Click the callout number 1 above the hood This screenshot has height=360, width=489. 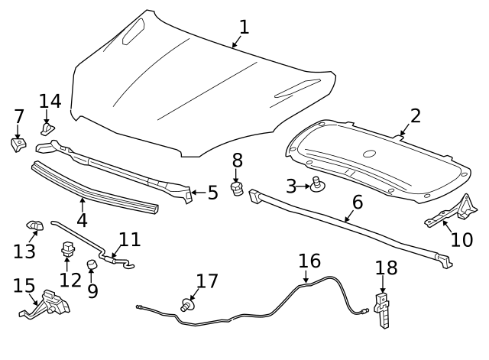point(244,27)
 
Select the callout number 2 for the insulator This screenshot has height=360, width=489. point(415,115)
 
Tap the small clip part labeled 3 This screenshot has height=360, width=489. point(316,183)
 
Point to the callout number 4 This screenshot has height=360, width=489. point(82,219)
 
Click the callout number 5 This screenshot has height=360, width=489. point(212,193)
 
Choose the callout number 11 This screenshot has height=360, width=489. point(130,239)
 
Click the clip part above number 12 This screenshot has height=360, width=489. point(67,248)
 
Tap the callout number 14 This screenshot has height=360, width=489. point(50,101)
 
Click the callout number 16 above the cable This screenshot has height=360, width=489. point(309,260)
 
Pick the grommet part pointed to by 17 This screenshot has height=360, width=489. point(186,306)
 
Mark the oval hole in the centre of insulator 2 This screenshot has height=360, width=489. point(371,154)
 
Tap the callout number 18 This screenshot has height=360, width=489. point(387,268)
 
